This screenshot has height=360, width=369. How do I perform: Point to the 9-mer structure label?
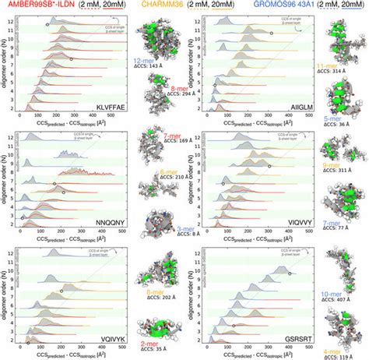[340, 166]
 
